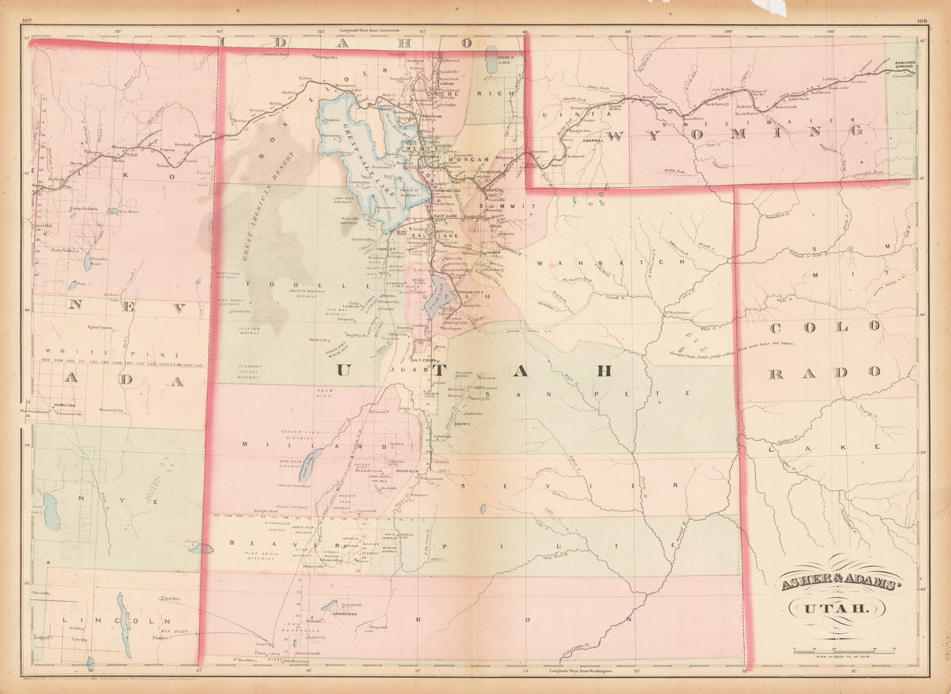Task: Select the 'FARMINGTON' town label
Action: [449, 190]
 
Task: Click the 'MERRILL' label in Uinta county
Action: [592, 140]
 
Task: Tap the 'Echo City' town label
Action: [492, 191]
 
